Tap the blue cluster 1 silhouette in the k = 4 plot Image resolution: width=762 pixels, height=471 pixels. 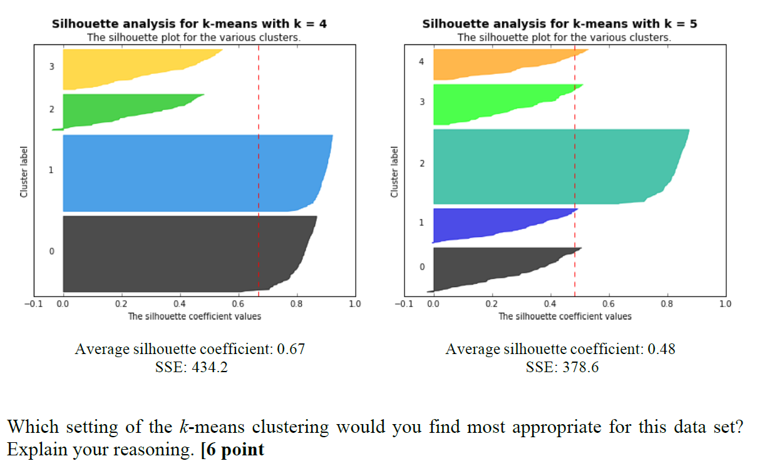pos(188,173)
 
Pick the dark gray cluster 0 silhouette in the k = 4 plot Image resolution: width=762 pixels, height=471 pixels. pos(175,253)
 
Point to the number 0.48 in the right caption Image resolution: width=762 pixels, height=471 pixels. pos(661,349)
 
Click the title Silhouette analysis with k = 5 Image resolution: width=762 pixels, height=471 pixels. pos(560,24)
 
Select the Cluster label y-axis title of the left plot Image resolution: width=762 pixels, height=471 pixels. pos(24,172)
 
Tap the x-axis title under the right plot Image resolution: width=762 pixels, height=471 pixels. pos(565,317)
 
